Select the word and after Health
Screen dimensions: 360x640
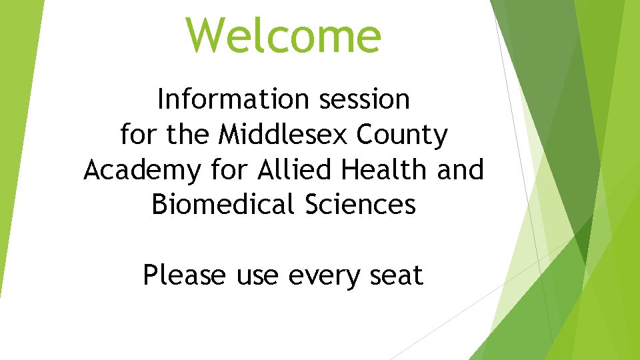coord(460,170)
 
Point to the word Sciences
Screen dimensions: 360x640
coord(360,205)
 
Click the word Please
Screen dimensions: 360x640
coord(185,275)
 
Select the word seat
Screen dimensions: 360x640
coord(397,275)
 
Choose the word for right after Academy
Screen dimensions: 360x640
coord(223,170)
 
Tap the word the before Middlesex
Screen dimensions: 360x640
coord(189,135)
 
